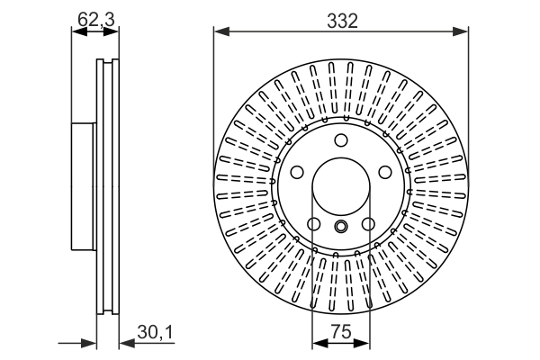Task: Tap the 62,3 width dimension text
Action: (x=95, y=15)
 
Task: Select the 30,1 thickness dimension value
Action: (x=155, y=334)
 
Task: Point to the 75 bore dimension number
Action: (x=341, y=331)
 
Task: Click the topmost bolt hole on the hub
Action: (x=340, y=140)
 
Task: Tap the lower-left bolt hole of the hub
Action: (x=313, y=224)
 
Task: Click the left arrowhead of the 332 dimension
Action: (x=219, y=32)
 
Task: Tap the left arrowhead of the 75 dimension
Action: (x=316, y=343)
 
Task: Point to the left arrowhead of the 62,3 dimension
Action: (x=76, y=32)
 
